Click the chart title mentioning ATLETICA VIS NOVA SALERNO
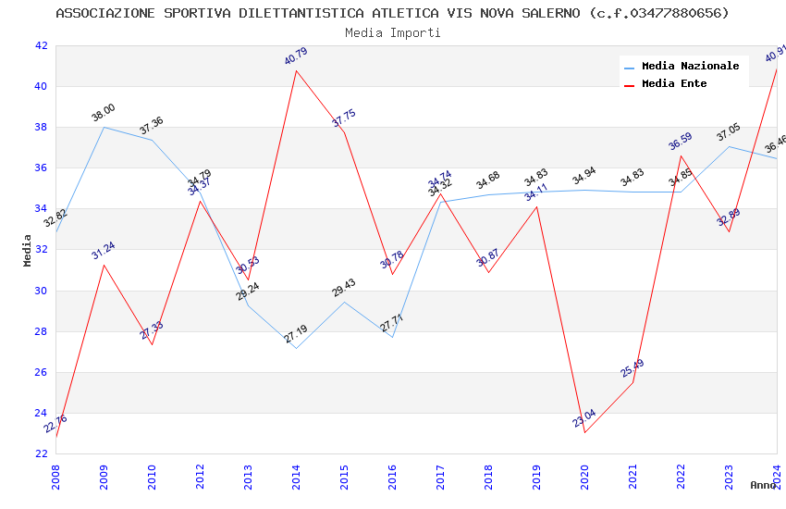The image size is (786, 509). (392, 13)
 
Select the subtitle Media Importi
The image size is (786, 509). (392, 32)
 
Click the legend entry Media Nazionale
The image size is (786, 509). (690, 66)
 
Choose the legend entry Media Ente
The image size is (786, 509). (674, 83)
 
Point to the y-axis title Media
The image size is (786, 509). (27, 250)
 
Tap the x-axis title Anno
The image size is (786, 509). (763, 484)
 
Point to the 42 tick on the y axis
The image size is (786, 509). (41, 45)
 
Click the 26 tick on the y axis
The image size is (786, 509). (41, 372)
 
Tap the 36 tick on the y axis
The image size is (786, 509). (41, 168)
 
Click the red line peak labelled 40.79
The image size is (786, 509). (296, 70)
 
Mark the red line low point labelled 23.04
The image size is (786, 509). (584, 432)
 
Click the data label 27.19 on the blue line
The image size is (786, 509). (296, 333)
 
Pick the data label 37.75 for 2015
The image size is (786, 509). (344, 118)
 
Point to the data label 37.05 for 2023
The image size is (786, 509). (729, 134)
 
